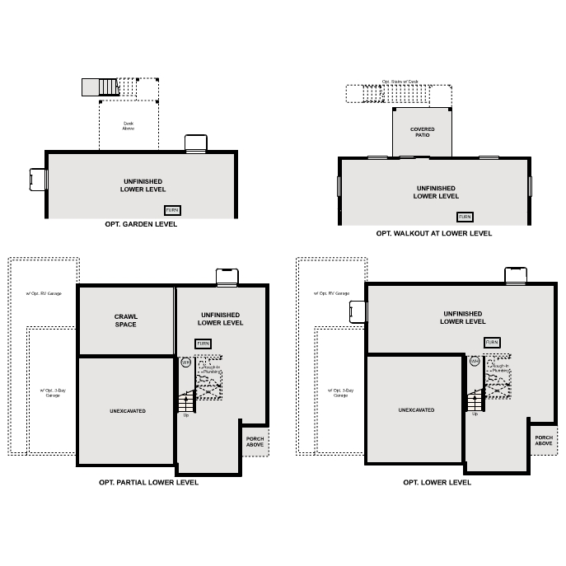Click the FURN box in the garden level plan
click(x=172, y=210)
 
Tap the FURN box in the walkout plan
click(x=465, y=217)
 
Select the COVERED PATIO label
click(x=423, y=132)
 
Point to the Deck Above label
click(x=128, y=126)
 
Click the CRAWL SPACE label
click(x=126, y=320)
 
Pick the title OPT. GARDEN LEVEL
click(x=141, y=224)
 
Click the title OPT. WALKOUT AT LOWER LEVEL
click(x=433, y=233)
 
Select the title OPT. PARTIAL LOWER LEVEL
click(x=148, y=483)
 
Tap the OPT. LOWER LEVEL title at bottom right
click(x=437, y=483)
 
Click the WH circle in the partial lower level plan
click(x=186, y=362)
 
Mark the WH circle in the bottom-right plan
click(x=475, y=362)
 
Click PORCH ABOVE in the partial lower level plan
click(x=255, y=442)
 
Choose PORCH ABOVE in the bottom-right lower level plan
click(x=544, y=442)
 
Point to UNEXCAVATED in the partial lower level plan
click(x=128, y=410)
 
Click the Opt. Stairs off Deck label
click(x=400, y=82)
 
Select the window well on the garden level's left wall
click(x=37, y=179)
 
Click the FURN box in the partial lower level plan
click(x=203, y=343)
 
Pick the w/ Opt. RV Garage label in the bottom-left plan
click(x=43, y=293)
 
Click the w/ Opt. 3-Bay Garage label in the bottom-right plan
click(x=340, y=392)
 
